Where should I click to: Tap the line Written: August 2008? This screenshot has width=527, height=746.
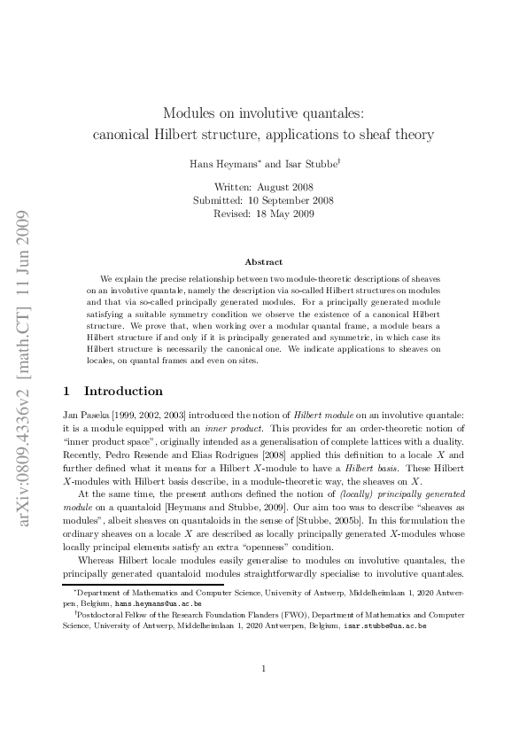[263, 187]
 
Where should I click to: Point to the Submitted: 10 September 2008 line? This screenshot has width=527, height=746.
[263, 200]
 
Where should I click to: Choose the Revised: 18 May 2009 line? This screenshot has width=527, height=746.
[263, 214]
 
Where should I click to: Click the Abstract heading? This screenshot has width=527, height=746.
[263, 261]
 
